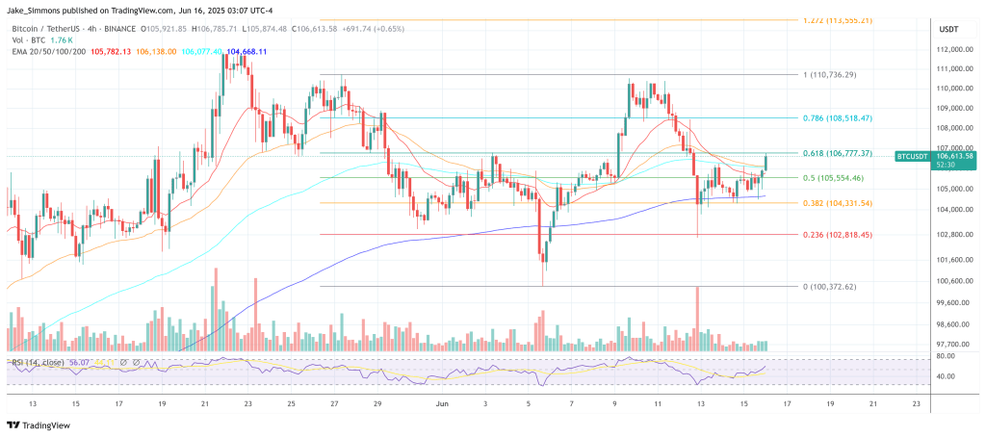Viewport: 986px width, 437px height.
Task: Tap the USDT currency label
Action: point(948,29)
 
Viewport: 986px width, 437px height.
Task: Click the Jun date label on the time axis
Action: point(440,405)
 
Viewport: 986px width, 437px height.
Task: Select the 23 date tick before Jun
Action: point(247,405)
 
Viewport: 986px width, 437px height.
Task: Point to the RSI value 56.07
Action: point(79,363)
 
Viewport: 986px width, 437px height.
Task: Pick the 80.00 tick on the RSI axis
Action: point(947,356)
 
